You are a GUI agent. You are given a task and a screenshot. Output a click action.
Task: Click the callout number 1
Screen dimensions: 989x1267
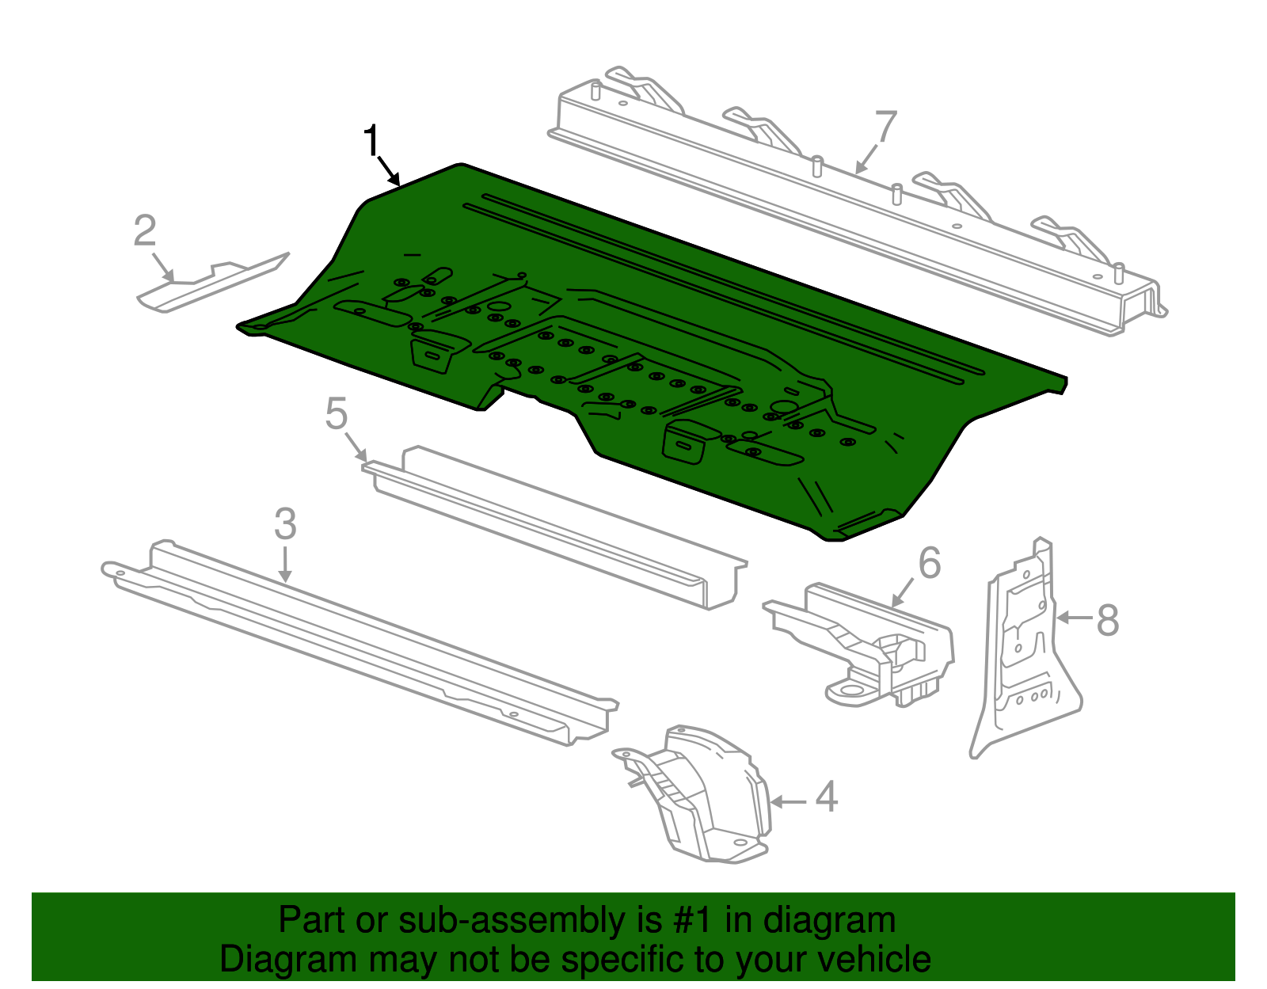[371, 142]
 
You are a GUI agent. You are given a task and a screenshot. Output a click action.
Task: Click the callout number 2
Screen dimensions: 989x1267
[145, 231]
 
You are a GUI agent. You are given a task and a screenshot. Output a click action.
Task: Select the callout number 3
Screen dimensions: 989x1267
[285, 524]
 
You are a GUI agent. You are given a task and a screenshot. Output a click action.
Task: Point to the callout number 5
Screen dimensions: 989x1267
[337, 414]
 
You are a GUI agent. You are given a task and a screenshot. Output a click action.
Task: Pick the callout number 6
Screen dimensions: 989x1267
[930, 563]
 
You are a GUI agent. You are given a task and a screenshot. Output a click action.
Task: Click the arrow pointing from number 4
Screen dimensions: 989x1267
[789, 802]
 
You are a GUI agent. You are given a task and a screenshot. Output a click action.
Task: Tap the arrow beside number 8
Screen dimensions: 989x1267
[1074, 617]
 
